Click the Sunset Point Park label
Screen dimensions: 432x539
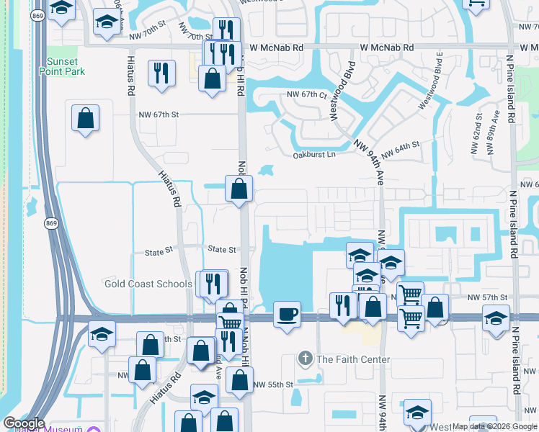(66, 66)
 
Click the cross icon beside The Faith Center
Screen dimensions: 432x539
(306, 359)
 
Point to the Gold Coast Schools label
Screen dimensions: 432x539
(148, 284)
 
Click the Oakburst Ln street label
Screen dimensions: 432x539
(314, 155)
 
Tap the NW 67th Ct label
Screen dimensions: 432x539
(307, 94)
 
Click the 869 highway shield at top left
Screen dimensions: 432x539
(37, 14)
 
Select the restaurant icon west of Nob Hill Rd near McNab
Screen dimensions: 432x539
(160, 72)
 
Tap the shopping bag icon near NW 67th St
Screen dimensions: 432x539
(85, 118)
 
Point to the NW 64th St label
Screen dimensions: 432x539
(400, 150)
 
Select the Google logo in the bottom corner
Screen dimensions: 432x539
(24, 423)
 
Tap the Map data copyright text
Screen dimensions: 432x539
(494, 426)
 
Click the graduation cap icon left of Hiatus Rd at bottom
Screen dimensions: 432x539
(102, 335)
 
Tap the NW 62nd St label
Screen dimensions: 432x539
(478, 130)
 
